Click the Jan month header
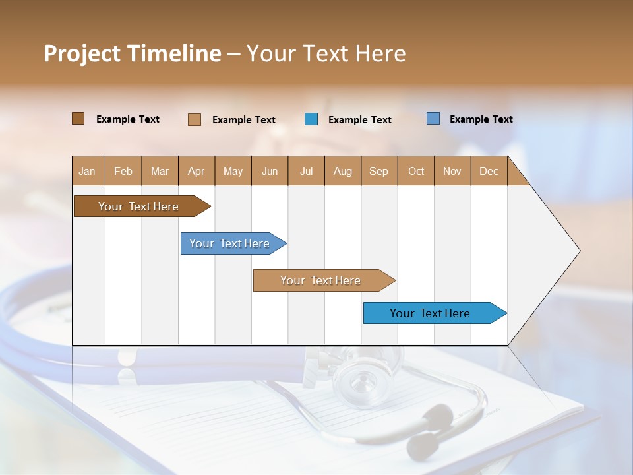[x=88, y=171]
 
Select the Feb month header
[x=123, y=171]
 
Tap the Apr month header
[x=196, y=171]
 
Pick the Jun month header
[x=270, y=171]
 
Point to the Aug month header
[x=343, y=171]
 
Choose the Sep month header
[x=379, y=171]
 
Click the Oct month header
[x=416, y=171]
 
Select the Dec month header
[x=489, y=171]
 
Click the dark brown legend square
[x=78, y=119]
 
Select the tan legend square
[x=195, y=119]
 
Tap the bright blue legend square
[x=311, y=119]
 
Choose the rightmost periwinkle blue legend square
[x=433, y=119]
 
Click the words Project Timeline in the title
[x=133, y=53]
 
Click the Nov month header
[x=452, y=171]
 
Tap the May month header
[x=233, y=171]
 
